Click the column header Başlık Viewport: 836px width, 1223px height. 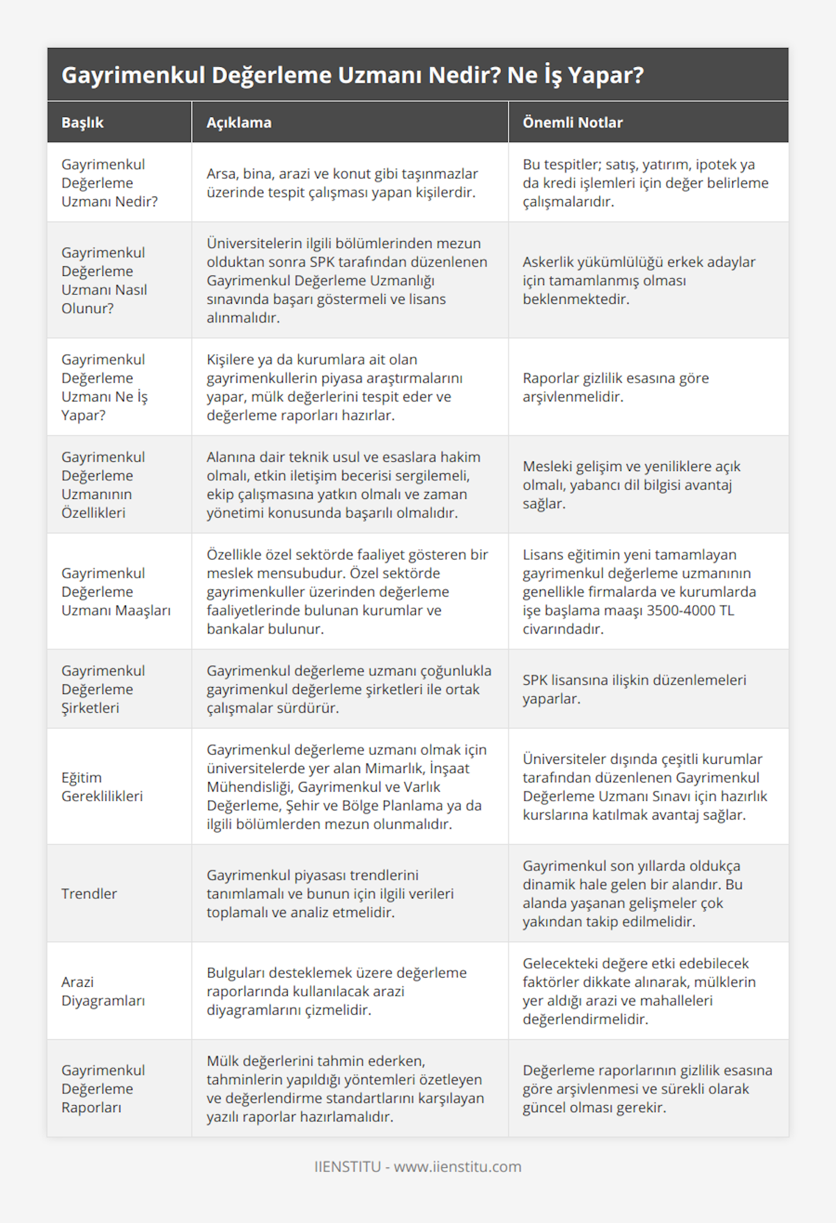(82, 123)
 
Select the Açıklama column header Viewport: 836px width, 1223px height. (239, 123)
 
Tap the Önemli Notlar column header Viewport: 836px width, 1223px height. (573, 123)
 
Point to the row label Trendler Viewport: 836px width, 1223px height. (89, 893)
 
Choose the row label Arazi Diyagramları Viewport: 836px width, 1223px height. (103, 991)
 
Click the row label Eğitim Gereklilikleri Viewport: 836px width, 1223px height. (102, 787)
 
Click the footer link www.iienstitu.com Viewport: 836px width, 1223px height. (458, 1167)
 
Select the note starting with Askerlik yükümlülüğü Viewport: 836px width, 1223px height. (639, 280)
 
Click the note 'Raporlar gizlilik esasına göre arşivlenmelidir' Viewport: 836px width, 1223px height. (616, 387)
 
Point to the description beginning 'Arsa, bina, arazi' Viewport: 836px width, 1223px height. (342, 183)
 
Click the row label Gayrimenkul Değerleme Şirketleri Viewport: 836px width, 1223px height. (103, 689)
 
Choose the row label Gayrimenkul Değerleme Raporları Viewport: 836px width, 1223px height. (103, 1089)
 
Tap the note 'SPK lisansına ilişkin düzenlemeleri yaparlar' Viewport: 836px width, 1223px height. (634, 689)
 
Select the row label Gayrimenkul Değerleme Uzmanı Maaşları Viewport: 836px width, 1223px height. (116, 592)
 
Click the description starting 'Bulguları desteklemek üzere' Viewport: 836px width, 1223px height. (336, 991)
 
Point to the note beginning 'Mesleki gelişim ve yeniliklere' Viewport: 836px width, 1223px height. (631, 484)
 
